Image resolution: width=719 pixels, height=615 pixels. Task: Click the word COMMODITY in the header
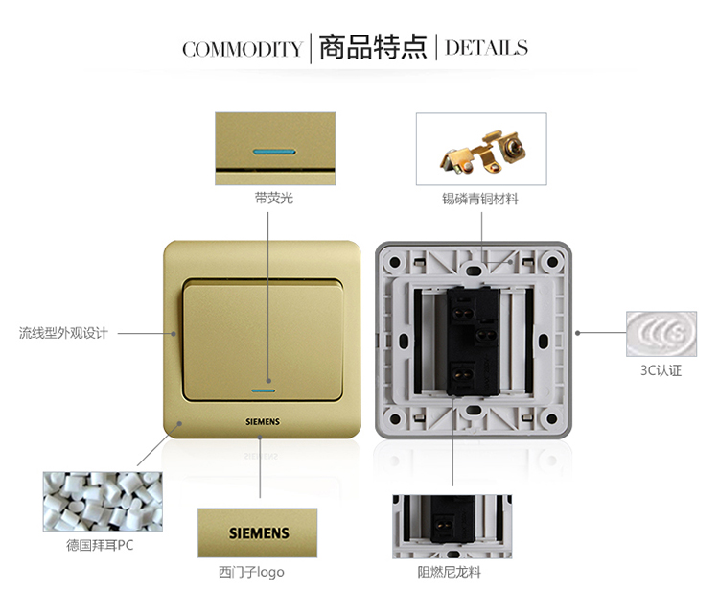(243, 49)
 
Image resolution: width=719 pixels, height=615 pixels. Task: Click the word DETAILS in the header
(486, 48)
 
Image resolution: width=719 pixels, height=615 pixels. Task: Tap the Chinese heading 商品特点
(373, 47)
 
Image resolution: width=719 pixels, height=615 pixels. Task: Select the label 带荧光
(274, 199)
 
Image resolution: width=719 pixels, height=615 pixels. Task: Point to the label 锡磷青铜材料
(480, 199)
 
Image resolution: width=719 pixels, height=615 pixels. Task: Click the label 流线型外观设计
(63, 333)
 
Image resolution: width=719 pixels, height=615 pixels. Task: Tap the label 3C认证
(661, 370)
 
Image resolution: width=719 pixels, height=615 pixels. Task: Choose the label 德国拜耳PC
(100, 545)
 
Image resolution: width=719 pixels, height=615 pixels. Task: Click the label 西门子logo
(251, 573)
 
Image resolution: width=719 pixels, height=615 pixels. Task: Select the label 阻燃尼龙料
(449, 573)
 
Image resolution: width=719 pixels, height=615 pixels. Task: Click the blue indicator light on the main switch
(264, 391)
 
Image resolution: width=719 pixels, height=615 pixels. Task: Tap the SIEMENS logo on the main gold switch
(263, 421)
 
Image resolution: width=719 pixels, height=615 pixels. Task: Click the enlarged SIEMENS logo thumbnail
(257, 532)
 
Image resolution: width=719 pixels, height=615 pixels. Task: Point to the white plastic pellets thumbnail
(103, 502)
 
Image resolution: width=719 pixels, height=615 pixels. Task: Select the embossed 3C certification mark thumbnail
(661, 334)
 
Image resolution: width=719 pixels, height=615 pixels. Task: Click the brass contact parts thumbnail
(481, 149)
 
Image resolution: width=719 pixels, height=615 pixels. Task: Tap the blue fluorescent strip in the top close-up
(274, 151)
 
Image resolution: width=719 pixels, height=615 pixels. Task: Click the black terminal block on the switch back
(474, 341)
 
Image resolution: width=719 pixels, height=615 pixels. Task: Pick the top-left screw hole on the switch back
(394, 263)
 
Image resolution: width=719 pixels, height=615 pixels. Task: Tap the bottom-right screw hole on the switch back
(552, 418)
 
